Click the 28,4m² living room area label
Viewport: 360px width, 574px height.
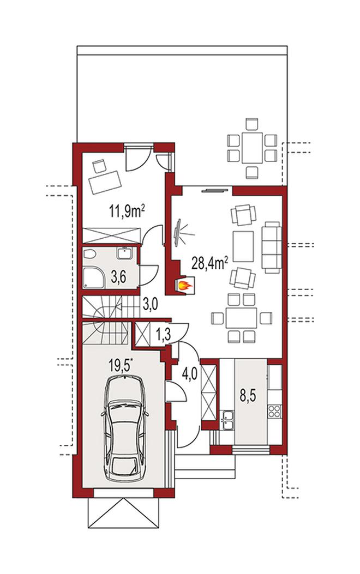(x=210, y=263)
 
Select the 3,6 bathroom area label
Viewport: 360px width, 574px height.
(x=118, y=277)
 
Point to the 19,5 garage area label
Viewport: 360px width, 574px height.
(x=121, y=365)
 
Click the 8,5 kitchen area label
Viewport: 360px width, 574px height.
(x=248, y=396)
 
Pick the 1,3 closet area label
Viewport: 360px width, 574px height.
(x=163, y=335)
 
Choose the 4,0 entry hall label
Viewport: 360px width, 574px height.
(x=190, y=374)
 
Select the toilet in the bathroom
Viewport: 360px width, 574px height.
(x=89, y=253)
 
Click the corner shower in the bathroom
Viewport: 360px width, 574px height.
(x=94, y=277)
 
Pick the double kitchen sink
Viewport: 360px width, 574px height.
(x=227, y=420)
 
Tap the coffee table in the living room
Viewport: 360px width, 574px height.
(x=243, y=246)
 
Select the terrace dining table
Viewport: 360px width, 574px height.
(x=252, y=148)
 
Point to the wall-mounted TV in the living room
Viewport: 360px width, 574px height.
(x=178, y=232)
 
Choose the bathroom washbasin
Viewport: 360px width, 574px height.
(x=125, y=252)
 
